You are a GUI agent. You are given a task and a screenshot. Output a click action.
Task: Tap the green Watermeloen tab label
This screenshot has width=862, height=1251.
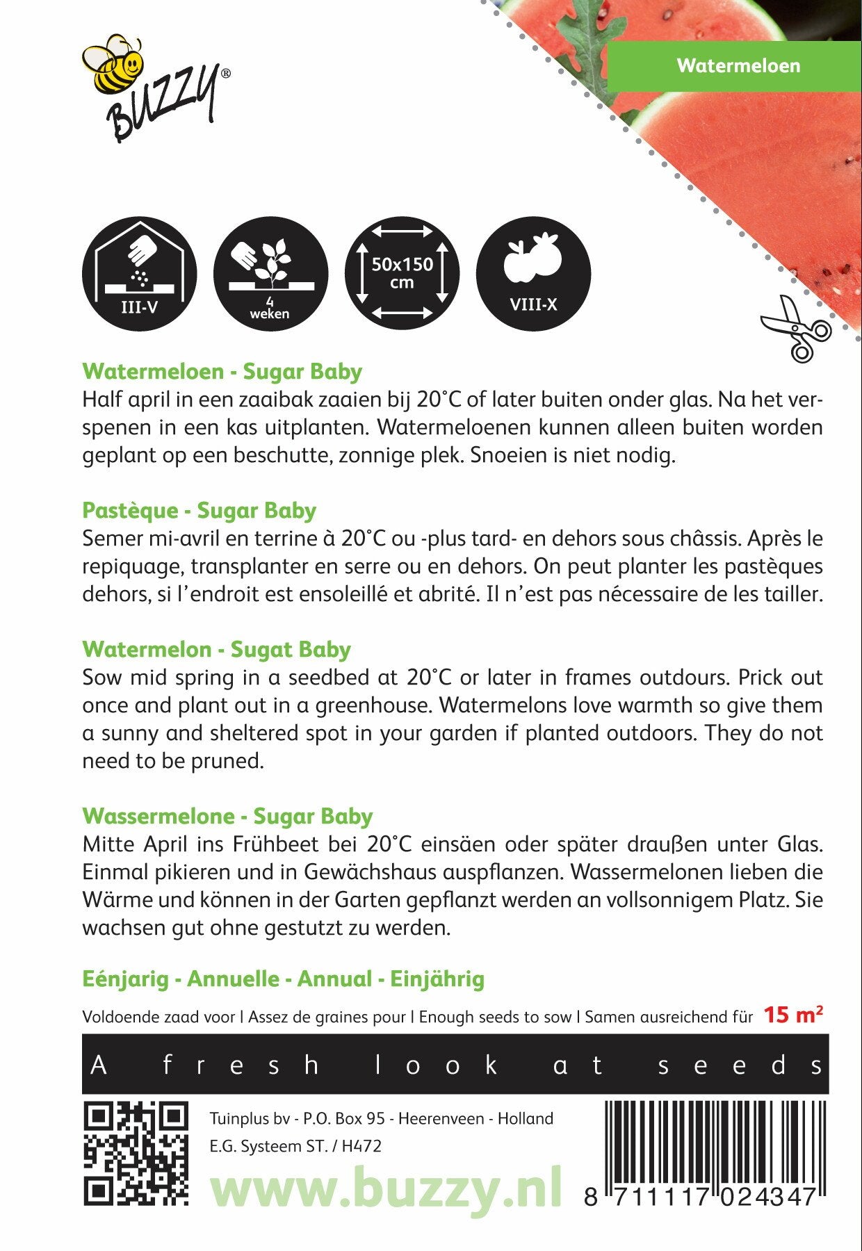(738, 66)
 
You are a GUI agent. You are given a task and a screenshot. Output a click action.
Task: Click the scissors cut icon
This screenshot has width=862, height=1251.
(797, 328)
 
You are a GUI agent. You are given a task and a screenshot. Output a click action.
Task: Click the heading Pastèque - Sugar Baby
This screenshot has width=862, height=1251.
(199, 511)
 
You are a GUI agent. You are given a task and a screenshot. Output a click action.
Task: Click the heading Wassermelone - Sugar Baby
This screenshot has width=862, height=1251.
(227, 817)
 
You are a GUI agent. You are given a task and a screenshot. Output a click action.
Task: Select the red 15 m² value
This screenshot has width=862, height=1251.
(793, 1015)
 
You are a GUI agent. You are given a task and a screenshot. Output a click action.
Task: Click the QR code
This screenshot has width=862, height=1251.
(136, 1154)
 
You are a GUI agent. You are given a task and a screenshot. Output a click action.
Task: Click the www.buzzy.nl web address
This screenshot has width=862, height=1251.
(386, 1189)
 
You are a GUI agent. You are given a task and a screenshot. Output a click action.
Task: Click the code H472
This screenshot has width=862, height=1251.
(361, 1146)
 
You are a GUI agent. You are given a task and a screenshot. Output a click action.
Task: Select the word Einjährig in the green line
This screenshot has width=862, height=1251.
(437, 979)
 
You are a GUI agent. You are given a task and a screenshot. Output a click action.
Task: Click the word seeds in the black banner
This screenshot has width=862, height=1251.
(740, 1065)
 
